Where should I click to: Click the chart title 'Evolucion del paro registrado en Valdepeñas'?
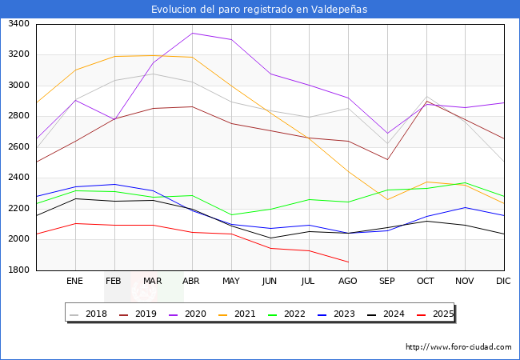click(259, 10)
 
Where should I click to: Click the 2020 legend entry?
click(198, 314)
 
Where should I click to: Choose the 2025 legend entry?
click(442, 314)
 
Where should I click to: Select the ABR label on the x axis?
click(192, 281)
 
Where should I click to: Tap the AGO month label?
click(348, 281)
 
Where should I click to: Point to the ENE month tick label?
click(74, 281)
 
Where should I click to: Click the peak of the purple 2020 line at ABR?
click(192, 33)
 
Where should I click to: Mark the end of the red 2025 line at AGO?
click(348, 262)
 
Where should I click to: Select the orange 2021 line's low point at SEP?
click(387, 199)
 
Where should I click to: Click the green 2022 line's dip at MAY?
click(231, 214)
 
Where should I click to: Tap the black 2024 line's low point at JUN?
click(270, 238)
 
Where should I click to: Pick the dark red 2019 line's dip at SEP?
click(387, 159)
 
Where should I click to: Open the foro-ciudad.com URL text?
click(458, 347)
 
